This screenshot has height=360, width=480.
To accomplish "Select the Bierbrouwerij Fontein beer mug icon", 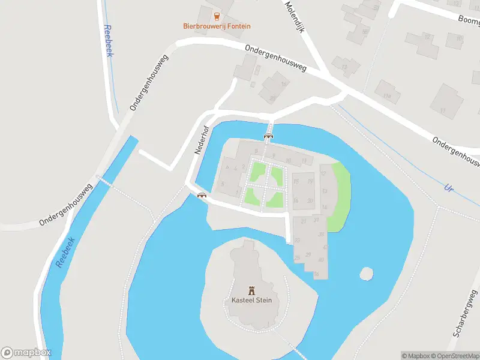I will pyautogui.click(x=217, y=16).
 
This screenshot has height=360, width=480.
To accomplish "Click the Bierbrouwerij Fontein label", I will pyautogui.click(x=217, y=26).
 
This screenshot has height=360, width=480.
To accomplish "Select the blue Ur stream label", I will pyautogui.click(x=448, y=188).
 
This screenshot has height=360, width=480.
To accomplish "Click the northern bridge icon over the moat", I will pyautogui.click(x=268, y=136).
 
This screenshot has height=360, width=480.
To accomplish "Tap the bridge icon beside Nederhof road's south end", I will pyautogui.click(x=202, y=194).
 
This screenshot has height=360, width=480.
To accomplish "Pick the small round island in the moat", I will pyautogui.click(x=366, y=274).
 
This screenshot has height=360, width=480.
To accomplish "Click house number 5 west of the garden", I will pyautogui.click(x=223, y=184).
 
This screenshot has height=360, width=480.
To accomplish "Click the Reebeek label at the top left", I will pyautogui.click(x=109, y=41).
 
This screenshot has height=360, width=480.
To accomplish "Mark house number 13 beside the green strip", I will pyautogui.click(x=324, y=191).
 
